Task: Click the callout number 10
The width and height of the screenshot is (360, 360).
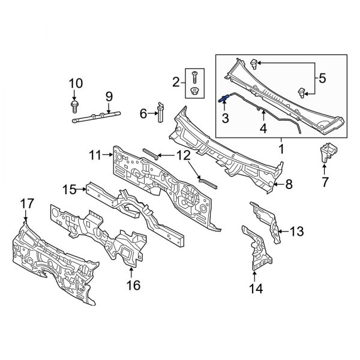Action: [x=74, y=83]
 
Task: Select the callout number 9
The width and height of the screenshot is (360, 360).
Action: [x=109, y=96]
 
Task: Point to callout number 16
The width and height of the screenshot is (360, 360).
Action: [x=133, y=285]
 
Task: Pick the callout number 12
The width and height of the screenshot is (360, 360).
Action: [x=182, y=155]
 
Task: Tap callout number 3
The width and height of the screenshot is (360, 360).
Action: [x=226, y=119]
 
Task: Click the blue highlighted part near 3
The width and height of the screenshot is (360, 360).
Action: [x=224, y=100]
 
